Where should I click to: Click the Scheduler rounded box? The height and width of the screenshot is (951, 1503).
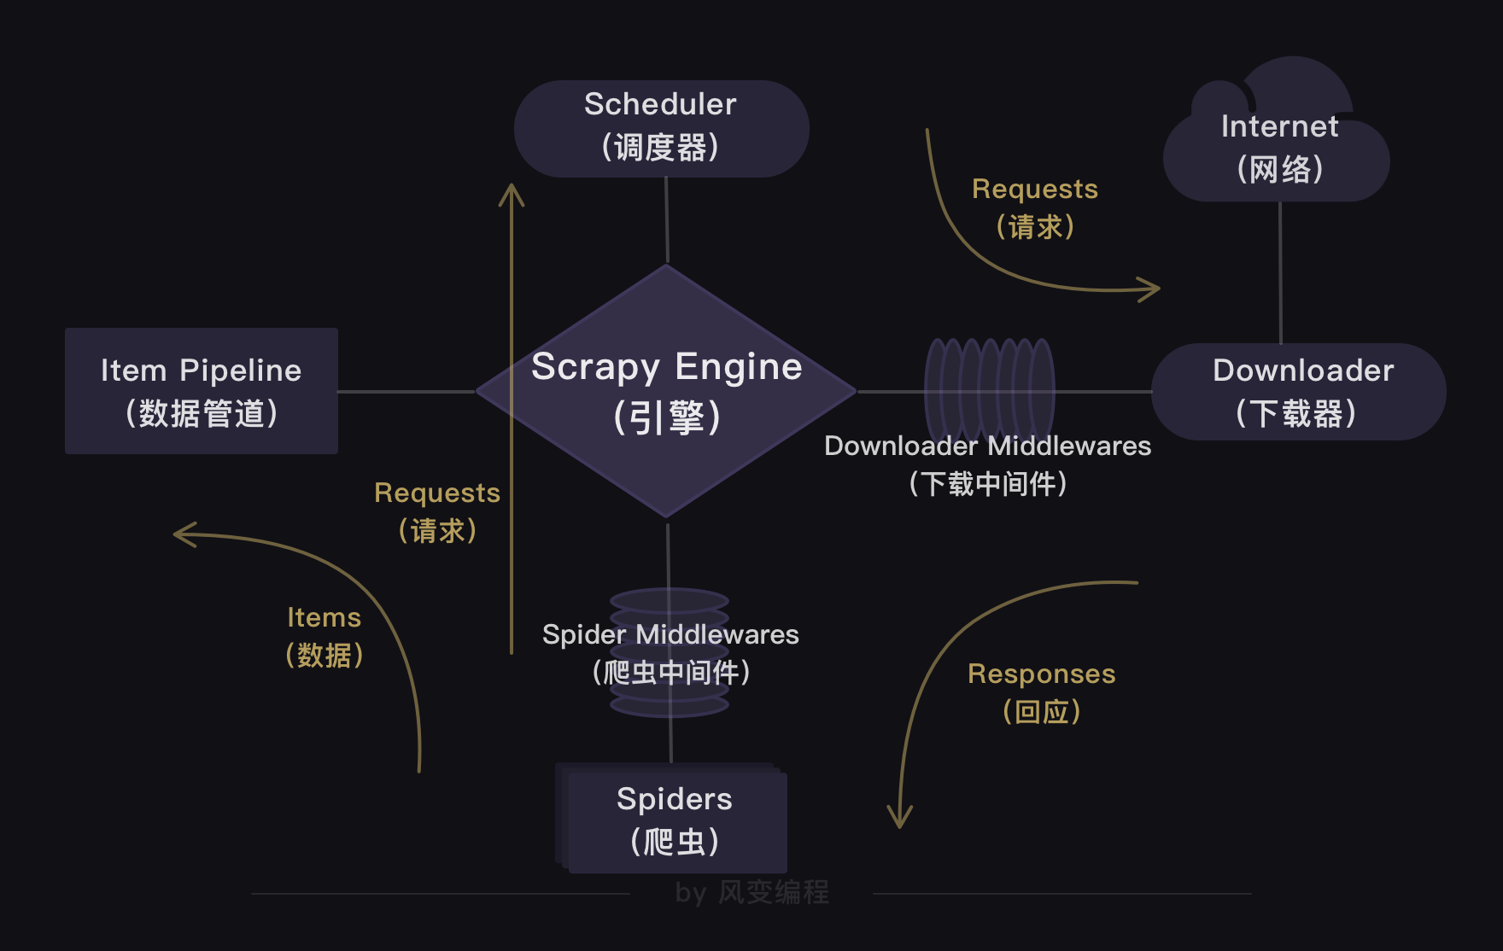[661, 128]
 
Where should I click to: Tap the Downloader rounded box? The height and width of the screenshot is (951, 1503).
[1298, 392]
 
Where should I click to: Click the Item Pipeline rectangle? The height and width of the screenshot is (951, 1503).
[202, 391]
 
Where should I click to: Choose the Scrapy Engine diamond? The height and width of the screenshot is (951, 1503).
[666, 391]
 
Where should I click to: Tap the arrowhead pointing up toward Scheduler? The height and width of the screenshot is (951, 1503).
[512, 191]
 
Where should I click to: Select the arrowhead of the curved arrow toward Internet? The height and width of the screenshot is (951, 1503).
[1152, 289]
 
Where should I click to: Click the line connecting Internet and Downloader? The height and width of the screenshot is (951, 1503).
[1280, 273]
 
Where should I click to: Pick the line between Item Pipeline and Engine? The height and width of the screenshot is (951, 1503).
[406, 392]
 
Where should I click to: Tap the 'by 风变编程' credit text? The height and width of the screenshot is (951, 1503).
[751, 893]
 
